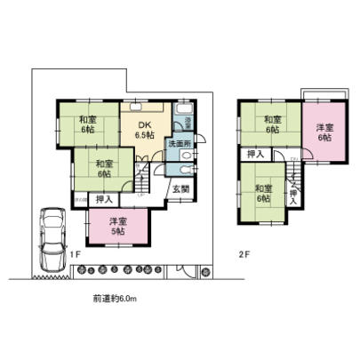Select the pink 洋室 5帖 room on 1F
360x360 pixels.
(x=116, y=226)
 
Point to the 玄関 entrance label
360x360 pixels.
(x=180, y=188)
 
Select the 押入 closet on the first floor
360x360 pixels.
(x=104, y=199)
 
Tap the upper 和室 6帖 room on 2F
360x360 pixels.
(x=270, y=125)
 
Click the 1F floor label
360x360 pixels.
(x=76, y=255)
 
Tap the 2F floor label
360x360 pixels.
(x=243, y=254)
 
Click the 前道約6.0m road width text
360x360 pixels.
(x=114, y=299)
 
